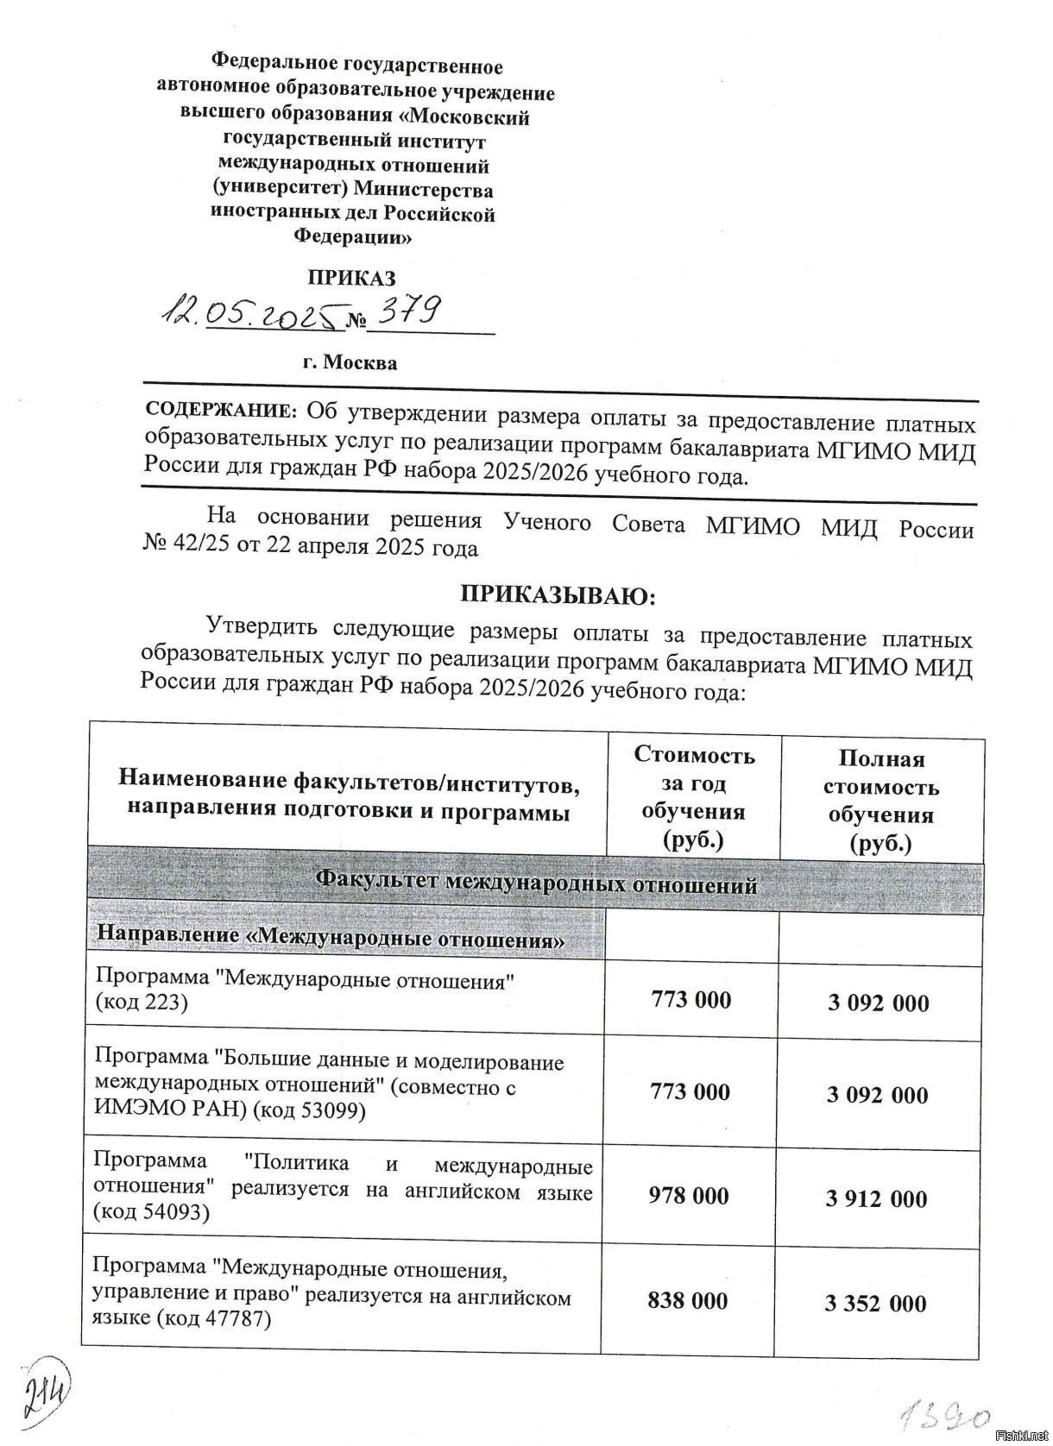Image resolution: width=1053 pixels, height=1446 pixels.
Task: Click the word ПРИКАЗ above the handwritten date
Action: pos(352,278)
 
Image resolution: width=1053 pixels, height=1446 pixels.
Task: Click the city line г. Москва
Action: pos(350,362)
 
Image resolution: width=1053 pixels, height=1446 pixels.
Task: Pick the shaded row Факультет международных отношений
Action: pos(535,883)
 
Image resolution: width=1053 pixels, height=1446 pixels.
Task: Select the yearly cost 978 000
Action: pos(689,1195)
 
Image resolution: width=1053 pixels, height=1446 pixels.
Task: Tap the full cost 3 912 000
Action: pos(876,1198)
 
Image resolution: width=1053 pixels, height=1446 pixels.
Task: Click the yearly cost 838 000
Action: pos(688,1300)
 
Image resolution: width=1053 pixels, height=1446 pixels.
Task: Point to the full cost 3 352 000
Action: pos(875,1303)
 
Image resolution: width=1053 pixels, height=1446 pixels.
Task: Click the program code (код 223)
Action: pos(141,1003)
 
